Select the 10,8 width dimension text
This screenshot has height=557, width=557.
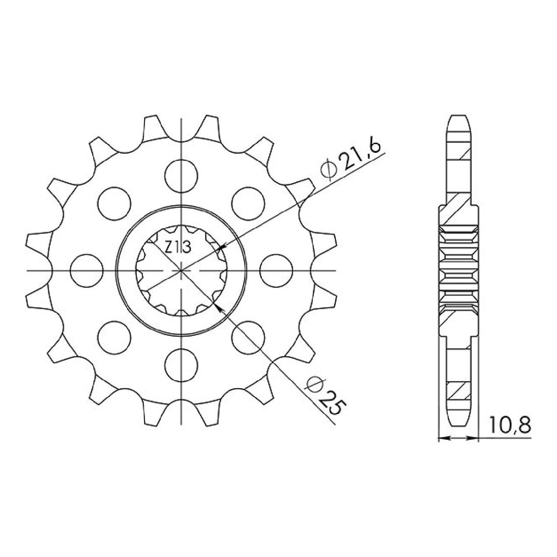(509, 425)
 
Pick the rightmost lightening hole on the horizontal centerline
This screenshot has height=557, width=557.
(276, 270)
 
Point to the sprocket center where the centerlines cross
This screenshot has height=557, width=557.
(182, 270)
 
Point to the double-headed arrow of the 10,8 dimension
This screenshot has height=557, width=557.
(458, 439)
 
